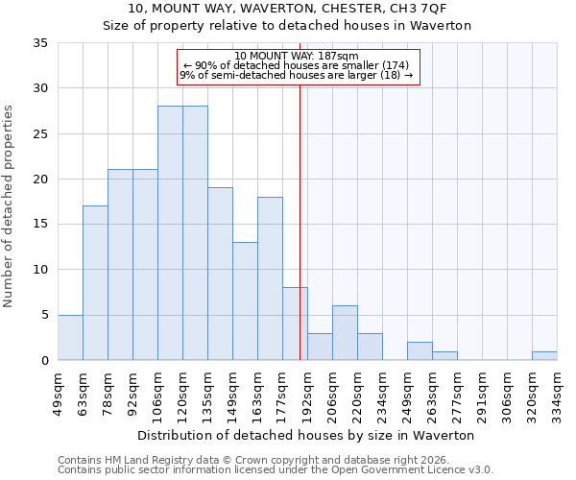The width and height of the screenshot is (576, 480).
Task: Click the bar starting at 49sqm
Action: pyautogui.click(x=70, y=337)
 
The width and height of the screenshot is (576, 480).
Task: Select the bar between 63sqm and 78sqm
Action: pyautogui.click(x=95, y=283)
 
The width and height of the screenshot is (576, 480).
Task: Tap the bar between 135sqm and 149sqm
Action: pyautogui.click(x=220, y=274)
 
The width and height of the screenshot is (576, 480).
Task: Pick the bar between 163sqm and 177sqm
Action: pyautogui.click(x=270, y=278)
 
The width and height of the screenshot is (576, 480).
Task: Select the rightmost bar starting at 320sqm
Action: pyautogui.click(x=544, y=355)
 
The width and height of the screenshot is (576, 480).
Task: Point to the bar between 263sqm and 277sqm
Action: pyautogui.click(x=444, y=355)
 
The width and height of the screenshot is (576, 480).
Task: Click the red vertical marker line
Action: pyautogui.click(x=300, y=221)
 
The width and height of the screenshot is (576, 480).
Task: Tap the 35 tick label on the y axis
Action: pyautogui.click(x=40, y=43)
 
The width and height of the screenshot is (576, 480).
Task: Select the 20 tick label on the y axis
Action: pyautogui.click(x=40, y=180)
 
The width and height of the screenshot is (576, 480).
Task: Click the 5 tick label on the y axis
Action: pyautogui.click(x=44, y=315)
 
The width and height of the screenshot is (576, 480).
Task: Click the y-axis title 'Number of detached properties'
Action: pyautogui.click(x=10, y=206)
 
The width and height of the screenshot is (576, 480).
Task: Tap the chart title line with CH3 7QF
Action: pyautogui.click(x=287, y=9)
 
